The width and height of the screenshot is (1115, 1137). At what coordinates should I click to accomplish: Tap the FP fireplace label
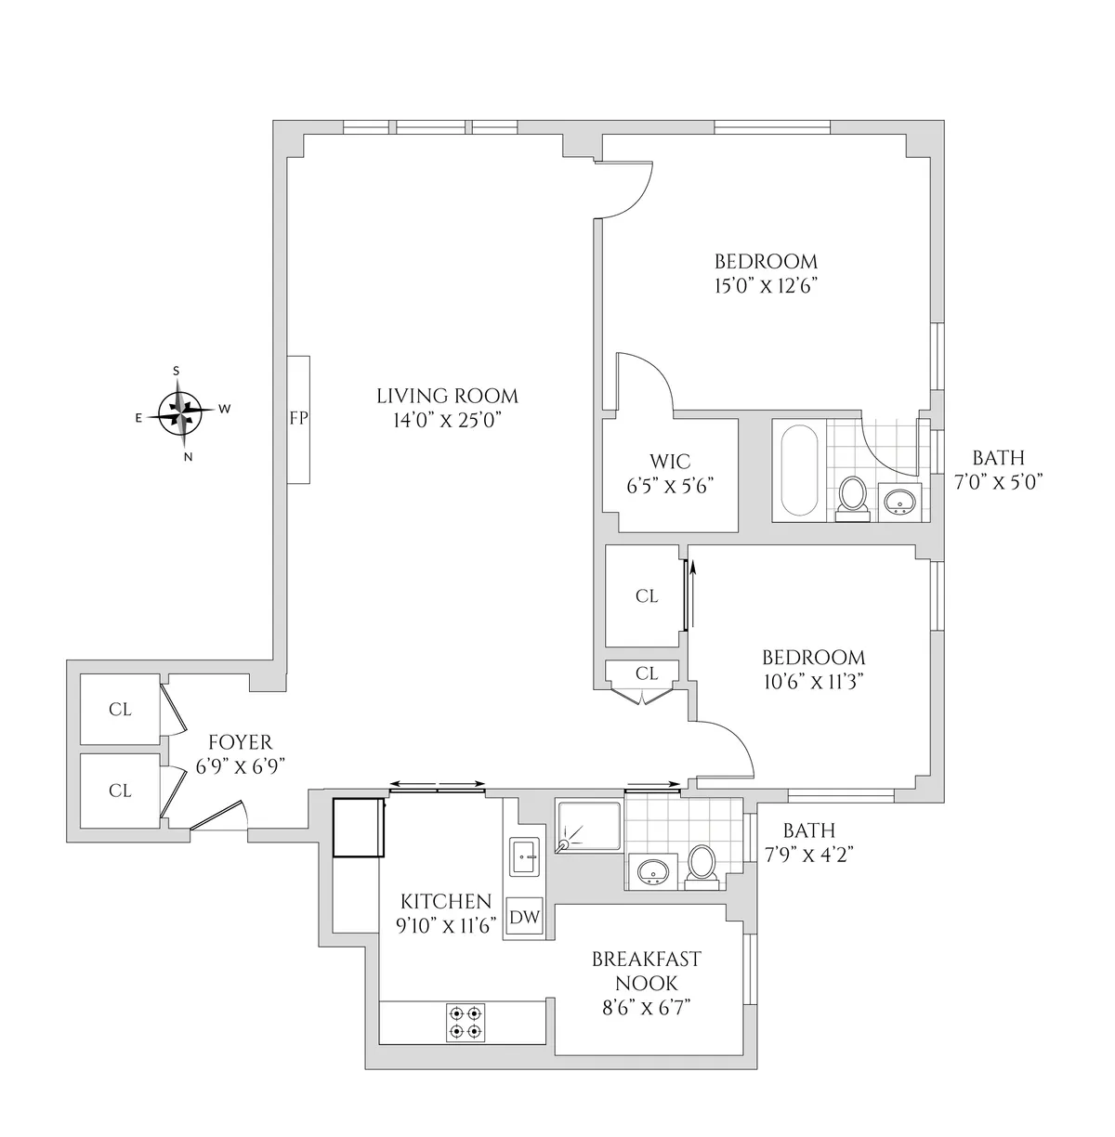[298, 418]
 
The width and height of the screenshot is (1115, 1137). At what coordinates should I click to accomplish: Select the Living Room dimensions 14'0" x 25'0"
[447, 420]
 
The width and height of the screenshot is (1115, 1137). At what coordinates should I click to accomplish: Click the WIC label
[669, 461]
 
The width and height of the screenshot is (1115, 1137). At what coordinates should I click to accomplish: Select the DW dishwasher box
[525, 918]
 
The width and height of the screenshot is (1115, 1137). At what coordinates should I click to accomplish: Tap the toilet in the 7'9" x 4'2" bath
[702, 865]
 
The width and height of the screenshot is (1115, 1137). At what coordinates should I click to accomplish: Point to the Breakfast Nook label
[646, 971]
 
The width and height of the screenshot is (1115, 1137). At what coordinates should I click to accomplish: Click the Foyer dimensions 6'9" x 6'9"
[240, 765]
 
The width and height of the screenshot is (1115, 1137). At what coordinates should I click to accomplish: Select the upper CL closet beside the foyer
[120, 710]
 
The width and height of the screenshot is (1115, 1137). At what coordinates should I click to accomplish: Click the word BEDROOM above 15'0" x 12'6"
[766, 261]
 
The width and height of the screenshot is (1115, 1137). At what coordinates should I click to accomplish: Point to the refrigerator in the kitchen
[359, 827]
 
